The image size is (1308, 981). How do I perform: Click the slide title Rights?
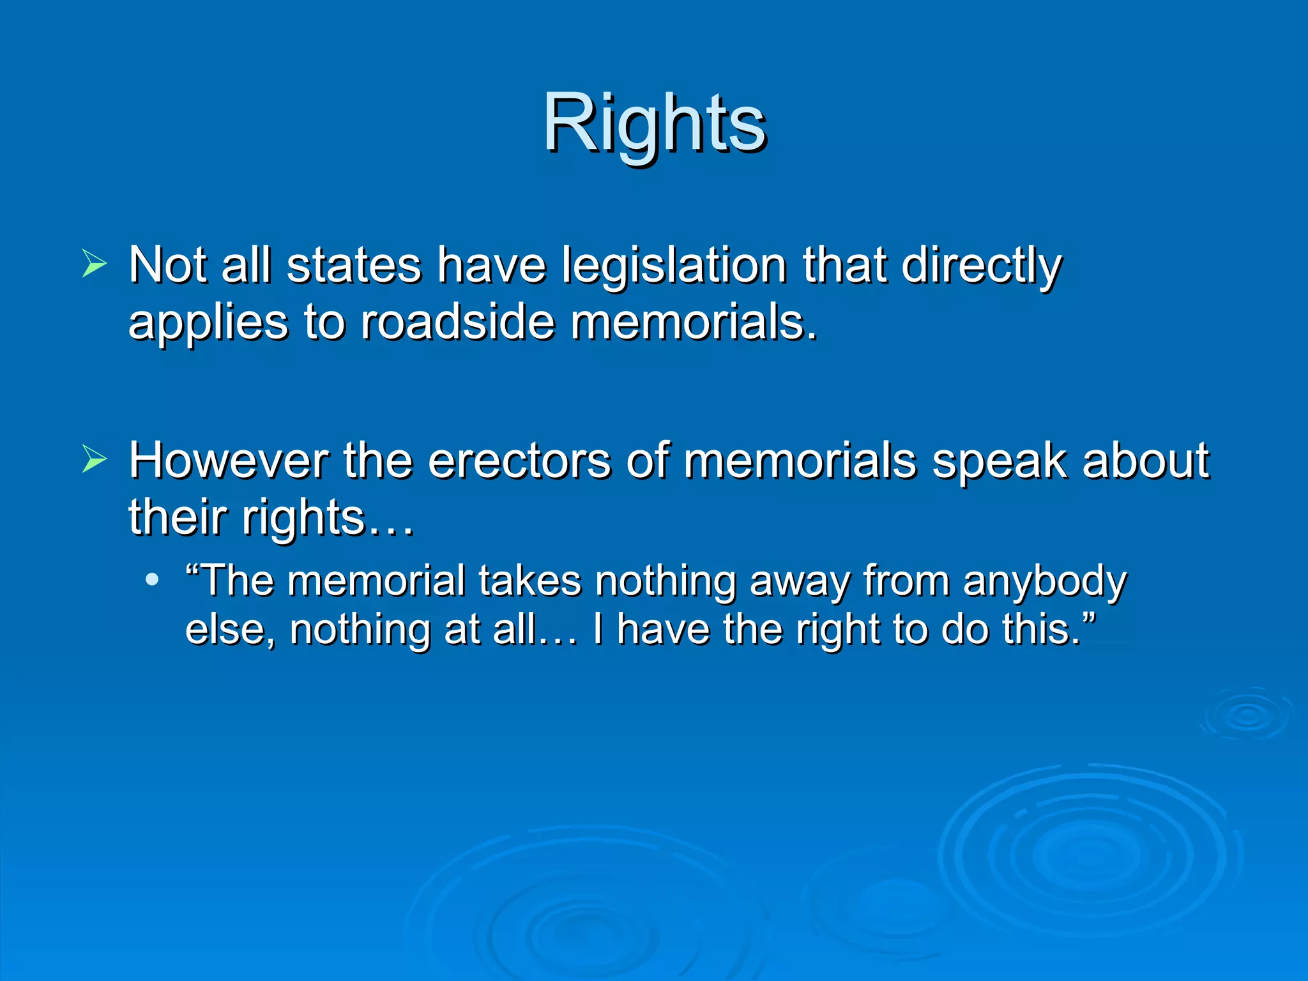(x=654, y=123)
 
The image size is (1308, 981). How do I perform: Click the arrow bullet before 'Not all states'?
(x=95, y=264)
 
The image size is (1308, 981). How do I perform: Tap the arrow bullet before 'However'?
(x=95, y=460)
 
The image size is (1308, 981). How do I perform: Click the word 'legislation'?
(x=674, y=266)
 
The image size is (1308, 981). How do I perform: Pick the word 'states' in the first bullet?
(x=354, y=266)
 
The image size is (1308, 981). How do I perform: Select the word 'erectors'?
(x=519, y=461)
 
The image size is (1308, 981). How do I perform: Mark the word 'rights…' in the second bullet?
(x=328, y=517)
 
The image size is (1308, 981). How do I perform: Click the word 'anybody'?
(x=1044, y=582)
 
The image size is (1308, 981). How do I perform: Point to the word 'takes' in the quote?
(x=529, y=581)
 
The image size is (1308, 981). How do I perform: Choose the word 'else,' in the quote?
(x=231, y=630)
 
